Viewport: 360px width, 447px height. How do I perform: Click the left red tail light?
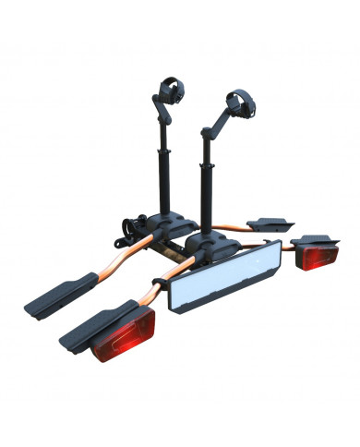coord(123,338)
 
